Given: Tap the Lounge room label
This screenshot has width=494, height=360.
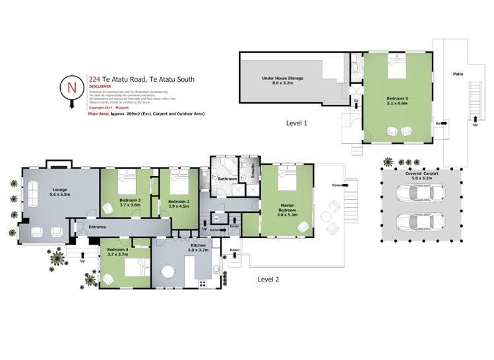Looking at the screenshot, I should [61, 190].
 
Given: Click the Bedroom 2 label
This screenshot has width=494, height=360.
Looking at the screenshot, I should [178, 202].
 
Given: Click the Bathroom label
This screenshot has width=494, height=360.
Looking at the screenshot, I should [228, 179].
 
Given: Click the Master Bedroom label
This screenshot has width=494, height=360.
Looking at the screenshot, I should [286, 210].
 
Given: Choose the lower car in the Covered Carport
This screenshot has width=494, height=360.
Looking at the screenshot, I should [417, 220].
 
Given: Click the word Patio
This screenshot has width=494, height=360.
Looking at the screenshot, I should [459, 75].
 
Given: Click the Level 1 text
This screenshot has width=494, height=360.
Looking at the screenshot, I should [297, 123].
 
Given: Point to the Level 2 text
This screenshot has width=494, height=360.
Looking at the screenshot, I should [268, 279].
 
